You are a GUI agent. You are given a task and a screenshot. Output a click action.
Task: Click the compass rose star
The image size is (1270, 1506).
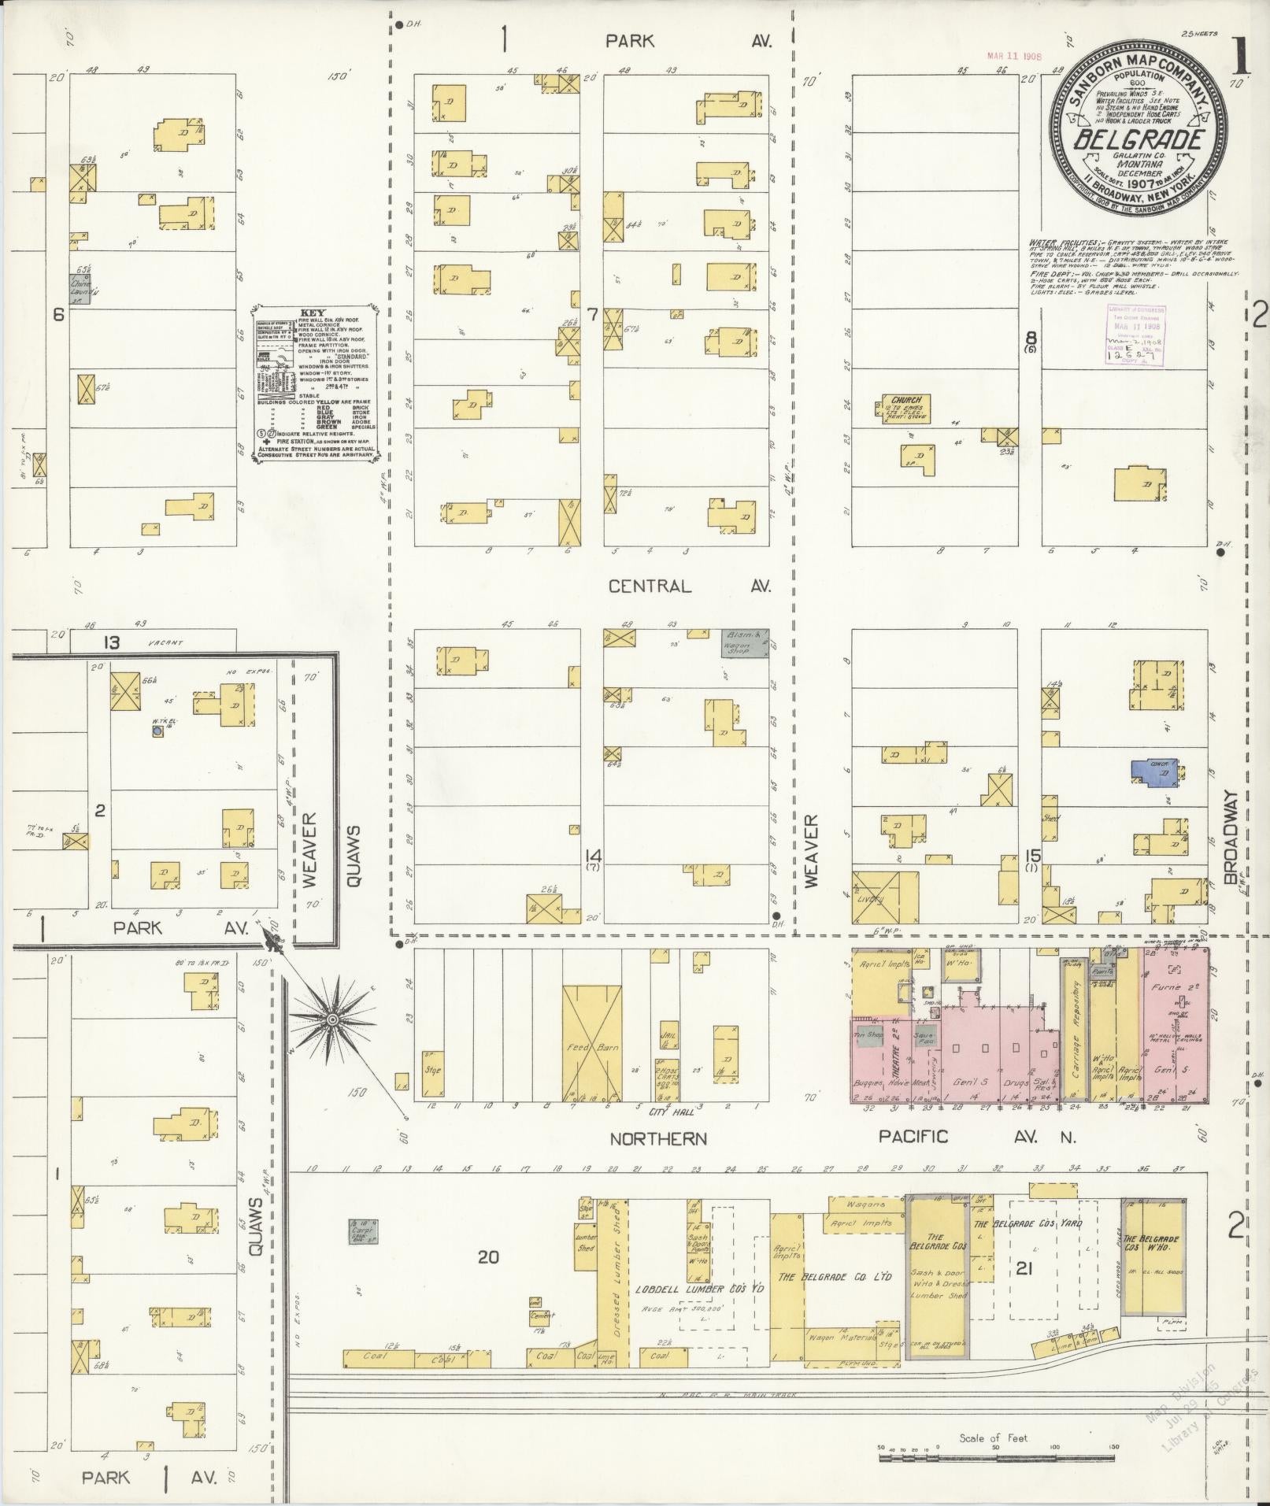click(332, 1019)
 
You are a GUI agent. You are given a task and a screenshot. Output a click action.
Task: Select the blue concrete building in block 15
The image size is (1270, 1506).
click(1154, 772)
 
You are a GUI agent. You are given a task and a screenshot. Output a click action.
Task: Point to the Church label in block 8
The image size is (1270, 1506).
click(902, 401)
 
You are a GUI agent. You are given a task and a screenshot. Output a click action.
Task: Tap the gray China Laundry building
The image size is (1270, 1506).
click(81, 288)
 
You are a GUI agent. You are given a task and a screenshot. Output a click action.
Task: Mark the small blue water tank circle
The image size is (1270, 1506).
click(157, 731)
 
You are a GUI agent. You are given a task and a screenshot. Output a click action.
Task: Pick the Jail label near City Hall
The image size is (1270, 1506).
click(668, 1035)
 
